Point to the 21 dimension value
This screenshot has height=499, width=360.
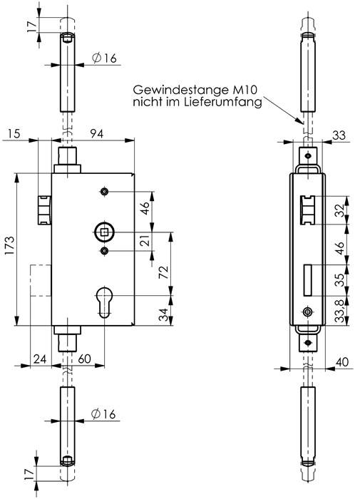click(145, 242)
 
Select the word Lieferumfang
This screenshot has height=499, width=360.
click(229, 103)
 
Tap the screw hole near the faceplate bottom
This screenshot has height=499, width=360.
click(307, 312)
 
